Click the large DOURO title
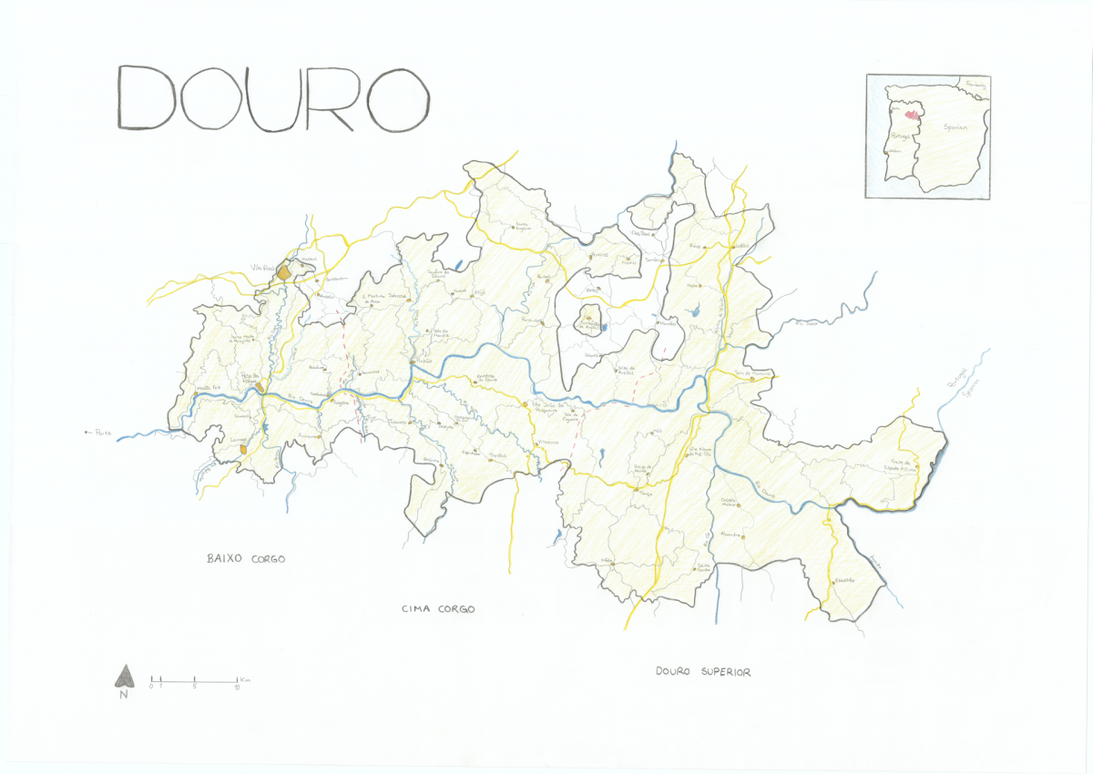point(272,97)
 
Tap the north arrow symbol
point(125,677)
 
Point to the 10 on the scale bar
point(237,687)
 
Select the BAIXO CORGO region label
point(245,558)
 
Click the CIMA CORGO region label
point(438,609)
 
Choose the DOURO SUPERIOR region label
point(703,671)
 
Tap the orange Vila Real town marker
point(284,272)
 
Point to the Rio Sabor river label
point(805,322)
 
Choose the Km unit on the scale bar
point(246,679)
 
